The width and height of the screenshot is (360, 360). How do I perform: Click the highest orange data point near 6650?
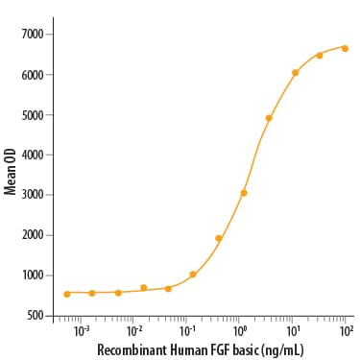pyautogui.click(x=345, y=48)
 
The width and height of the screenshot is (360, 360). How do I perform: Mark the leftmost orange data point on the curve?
pyautogui.click(x=67, y=293)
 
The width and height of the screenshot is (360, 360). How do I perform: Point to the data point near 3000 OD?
pyautogui.click(x=244, y=193)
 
